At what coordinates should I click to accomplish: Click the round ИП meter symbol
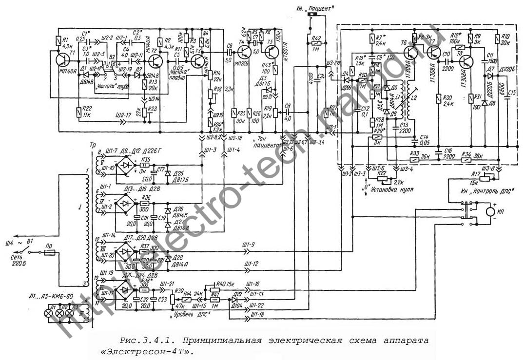tap(488, 212)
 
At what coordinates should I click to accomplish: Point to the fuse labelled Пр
tap(49, 253)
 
